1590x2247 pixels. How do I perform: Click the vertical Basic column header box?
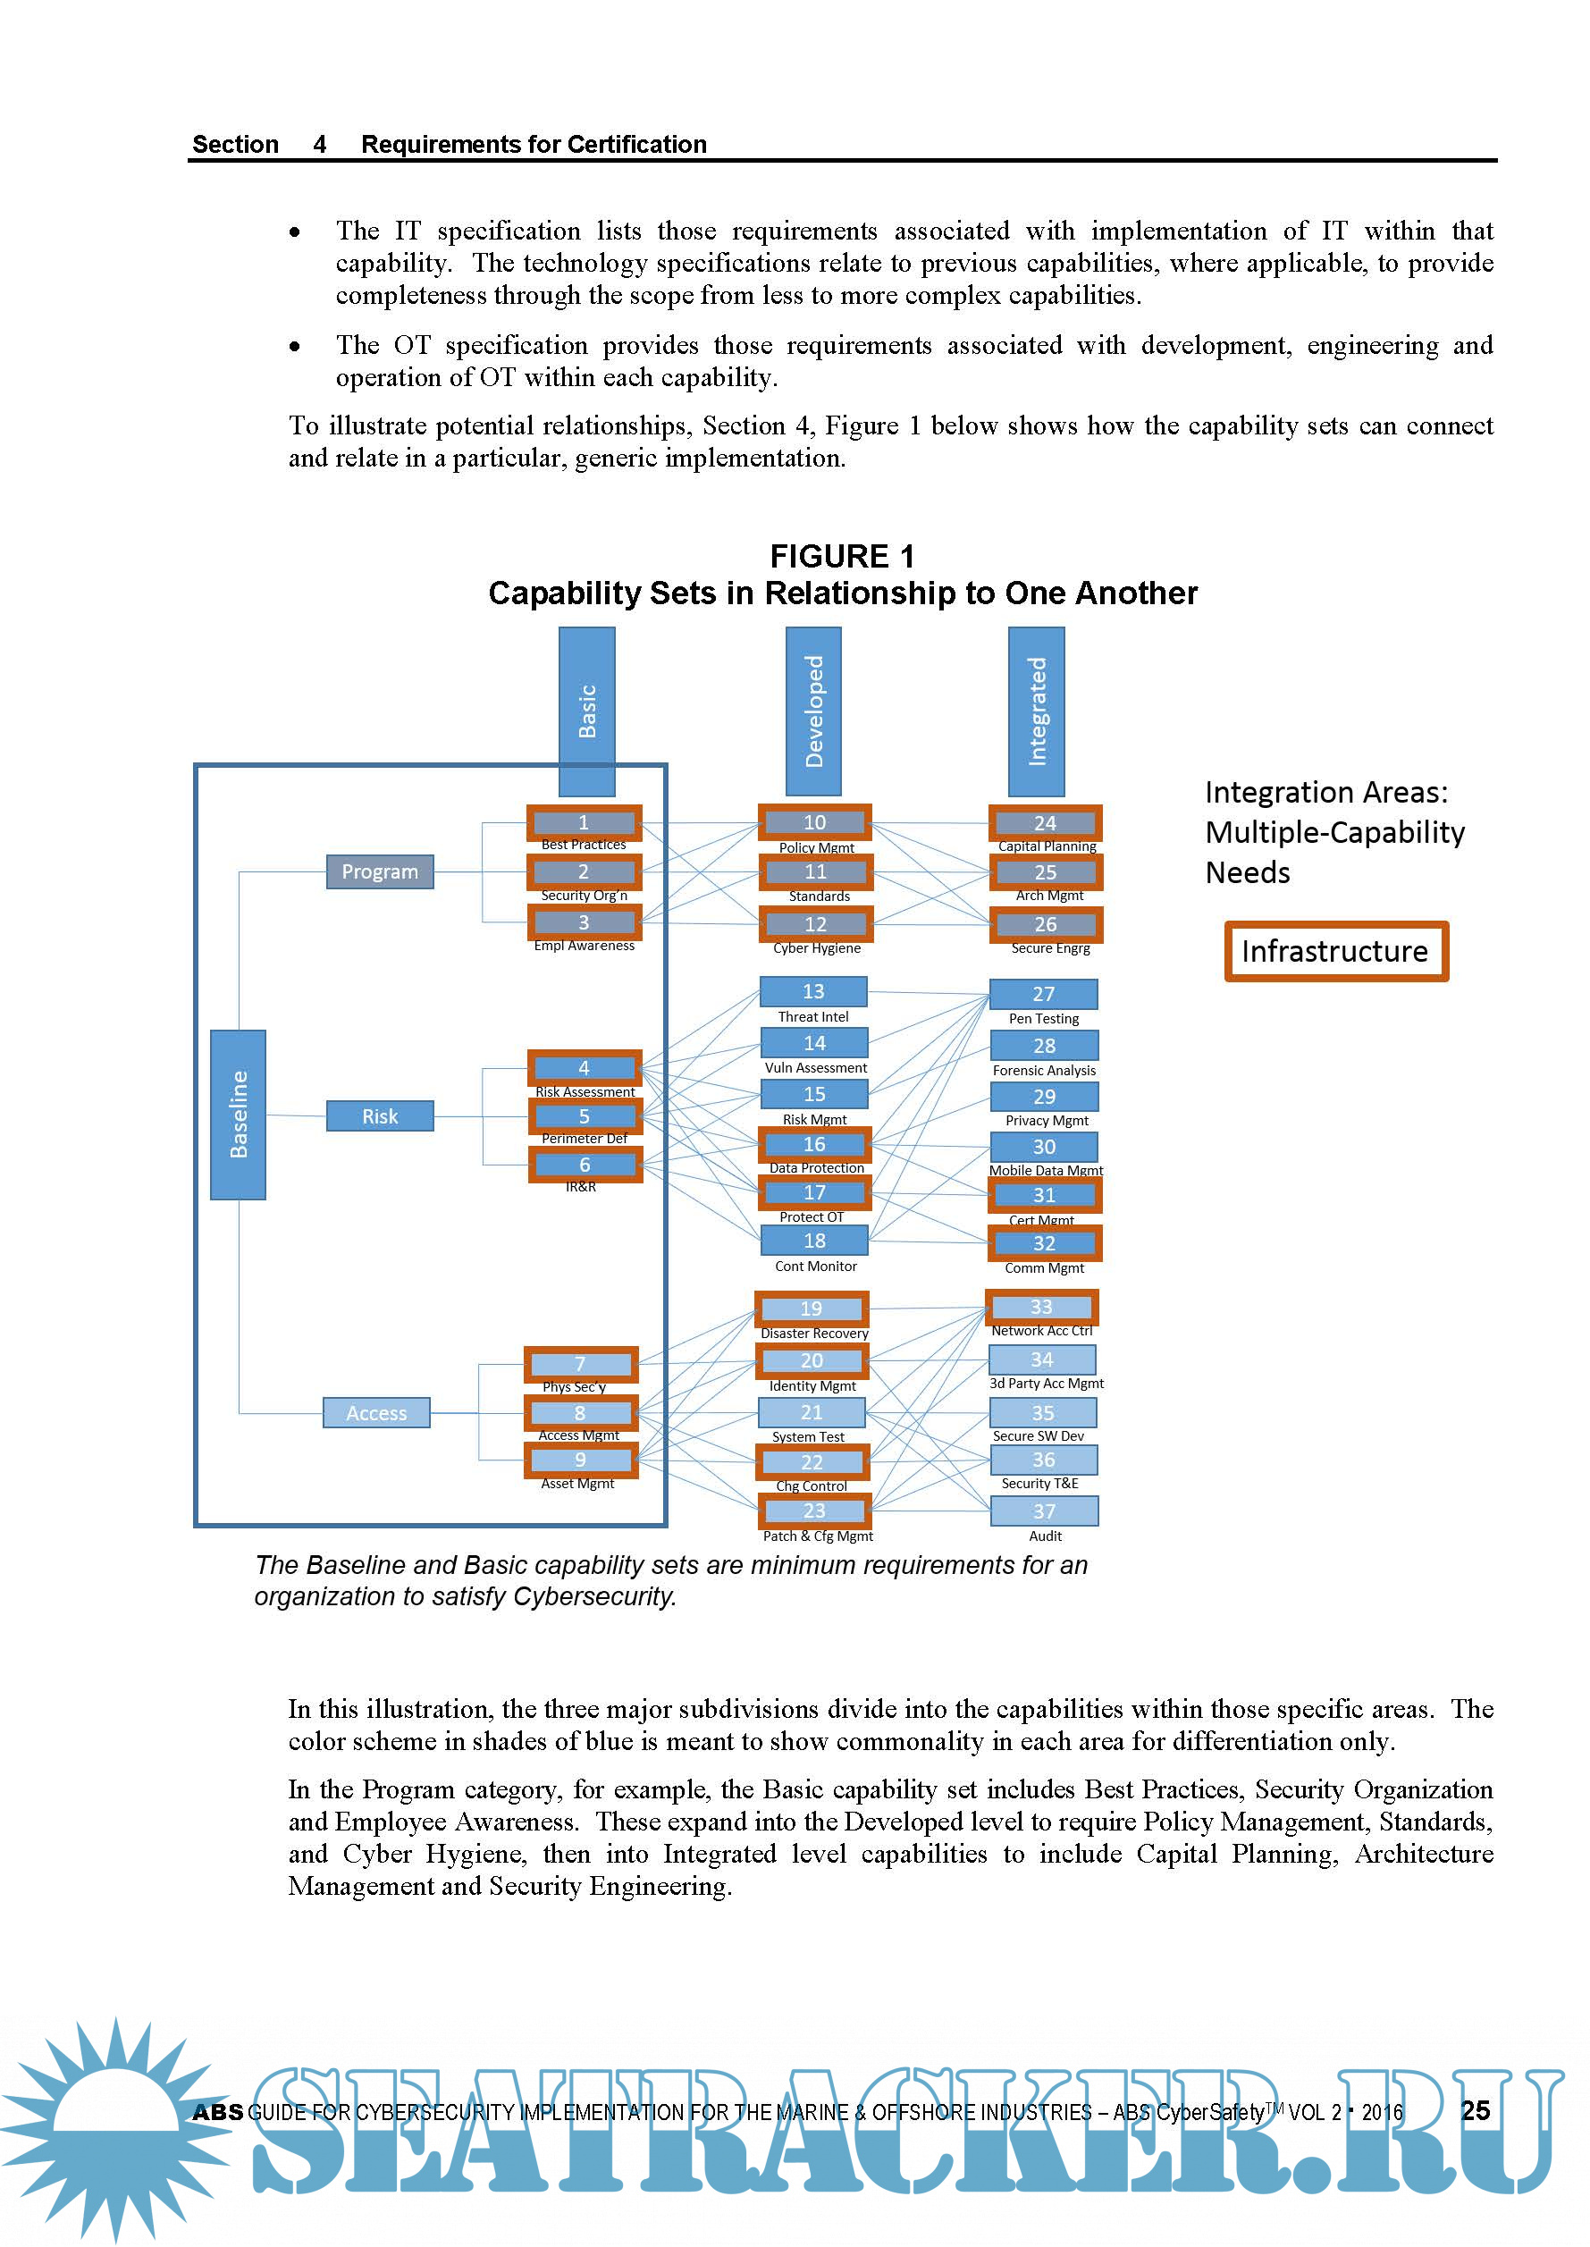(x=586, y=711)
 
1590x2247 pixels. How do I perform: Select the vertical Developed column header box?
(x=812, y=711)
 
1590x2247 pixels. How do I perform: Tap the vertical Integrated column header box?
(x=1036, y=711)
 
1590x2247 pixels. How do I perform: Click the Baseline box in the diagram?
(x=238, y=1115)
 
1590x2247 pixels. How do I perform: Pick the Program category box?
(x=380, y=871)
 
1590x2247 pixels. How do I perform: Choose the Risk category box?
(x=380, y=1116)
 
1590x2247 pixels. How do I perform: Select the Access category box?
(x=377, y=1413)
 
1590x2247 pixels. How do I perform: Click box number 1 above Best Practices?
(x=584, y=822)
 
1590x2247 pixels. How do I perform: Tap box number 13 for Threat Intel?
(x=812, y=991)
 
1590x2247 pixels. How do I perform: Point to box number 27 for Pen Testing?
(x=1044, y=994)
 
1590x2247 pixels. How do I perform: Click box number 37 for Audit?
(x=1044, y=1511)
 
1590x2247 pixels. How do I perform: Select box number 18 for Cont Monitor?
(x=814, y=1241)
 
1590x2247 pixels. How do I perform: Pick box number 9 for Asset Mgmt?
(x=581, y=1460)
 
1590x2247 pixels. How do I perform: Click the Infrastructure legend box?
(x=1335, y=951)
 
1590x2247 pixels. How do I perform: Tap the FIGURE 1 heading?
(x=842, y=556)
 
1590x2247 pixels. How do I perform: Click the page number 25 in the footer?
(x=1476, y=2110)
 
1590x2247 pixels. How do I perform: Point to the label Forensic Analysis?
(x=1044, y=1070)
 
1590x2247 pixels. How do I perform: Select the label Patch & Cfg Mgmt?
(x=818, y=1536)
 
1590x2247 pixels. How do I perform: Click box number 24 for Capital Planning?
(x=1045, y=823)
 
